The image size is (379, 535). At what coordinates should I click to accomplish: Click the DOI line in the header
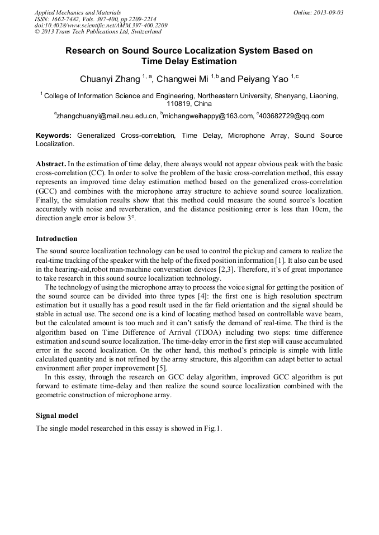[x=101, y=25]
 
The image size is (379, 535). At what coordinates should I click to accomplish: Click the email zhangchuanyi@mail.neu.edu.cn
[x=106, y=116]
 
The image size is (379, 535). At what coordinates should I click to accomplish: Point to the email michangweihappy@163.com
[x=208, y=116]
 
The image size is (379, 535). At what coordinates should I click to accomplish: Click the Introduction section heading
[x=57, y=239]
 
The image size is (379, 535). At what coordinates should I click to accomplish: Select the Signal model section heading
[x=57, y=415]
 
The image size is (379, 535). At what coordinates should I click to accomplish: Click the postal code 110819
[x=179, y=104]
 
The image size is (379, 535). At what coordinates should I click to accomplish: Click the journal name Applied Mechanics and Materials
[x=77, y=12]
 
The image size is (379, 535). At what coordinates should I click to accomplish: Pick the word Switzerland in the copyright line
[x=143, y=32]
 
